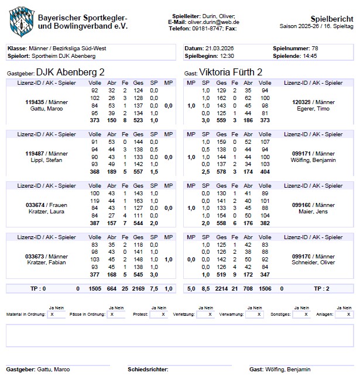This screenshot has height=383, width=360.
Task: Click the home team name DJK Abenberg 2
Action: click(70, 73)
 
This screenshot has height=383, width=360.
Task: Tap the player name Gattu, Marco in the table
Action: click(46, 109)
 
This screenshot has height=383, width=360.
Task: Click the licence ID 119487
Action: click(35, 153)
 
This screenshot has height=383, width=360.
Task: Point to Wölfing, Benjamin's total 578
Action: click(221, 171)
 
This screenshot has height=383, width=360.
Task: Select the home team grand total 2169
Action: click(138, 288)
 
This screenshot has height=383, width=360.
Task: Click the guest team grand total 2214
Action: click(221, 288)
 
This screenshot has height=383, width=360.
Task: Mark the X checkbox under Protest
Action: click(163, 314)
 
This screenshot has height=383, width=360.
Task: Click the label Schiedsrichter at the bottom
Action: click(148, 370)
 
